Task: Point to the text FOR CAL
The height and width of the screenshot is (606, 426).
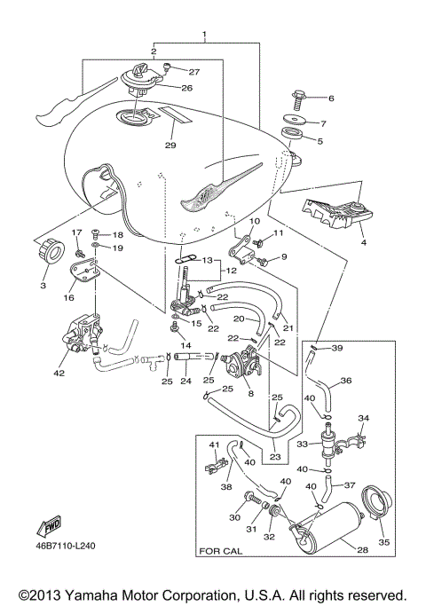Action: pos(222,575)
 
